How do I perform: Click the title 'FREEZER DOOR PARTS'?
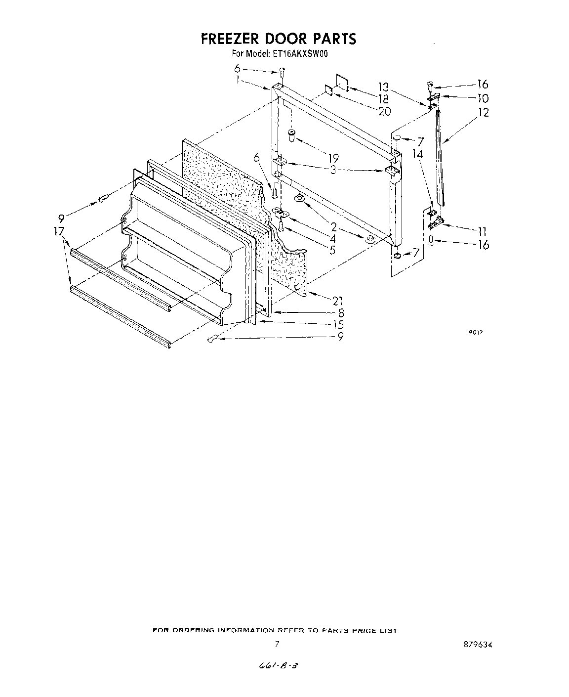click(x=278, y=39)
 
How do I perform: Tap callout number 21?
click(x=338, y=301)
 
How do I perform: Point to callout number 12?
click(x=483, y=113)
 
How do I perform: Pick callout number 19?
click(x=333, y=158)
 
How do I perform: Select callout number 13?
click(x=384, y=87)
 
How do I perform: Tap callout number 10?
click(x=483, y=98)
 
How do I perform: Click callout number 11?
click(x=483, y=231)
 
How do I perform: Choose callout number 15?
click(x=338, y=325)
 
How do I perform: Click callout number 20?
click(x=384, y=111)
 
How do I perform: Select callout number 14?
click(x=417, y=154)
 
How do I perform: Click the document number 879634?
click(x=478, y=644)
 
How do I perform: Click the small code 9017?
click(x=475, y=333)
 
